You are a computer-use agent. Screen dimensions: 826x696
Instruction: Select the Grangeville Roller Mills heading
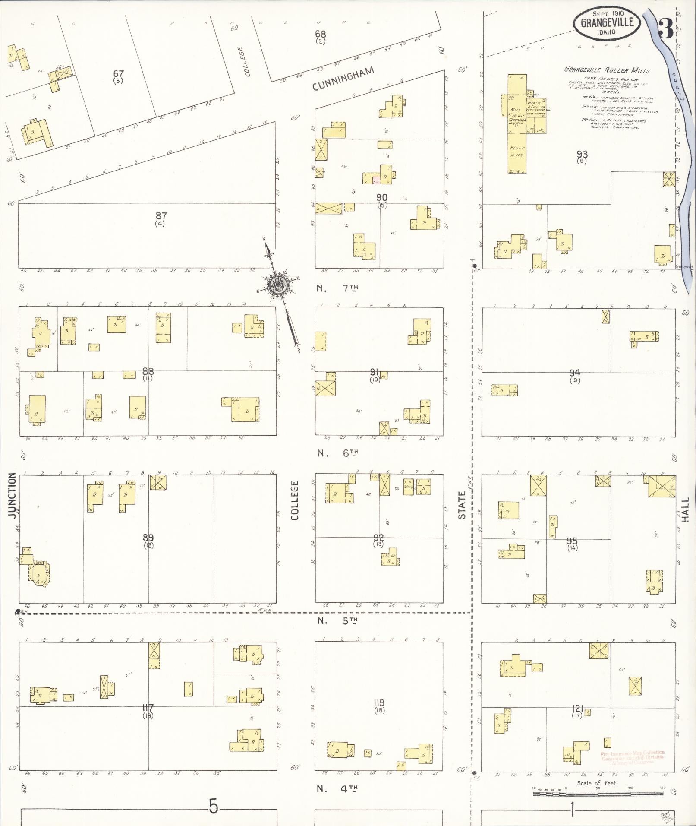[607, 71]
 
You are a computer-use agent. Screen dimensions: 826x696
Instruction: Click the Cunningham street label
[343, 79]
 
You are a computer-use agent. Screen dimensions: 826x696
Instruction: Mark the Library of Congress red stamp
[633, 757]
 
